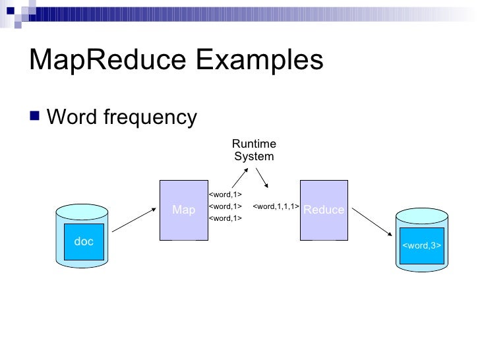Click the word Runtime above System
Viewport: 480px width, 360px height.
coord(254,144)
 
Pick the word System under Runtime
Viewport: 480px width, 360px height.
coord(254,157)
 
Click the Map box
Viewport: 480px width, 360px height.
coord(184,210)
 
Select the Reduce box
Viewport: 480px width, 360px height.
coord(323,210)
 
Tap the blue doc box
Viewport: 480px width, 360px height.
coord(84,242)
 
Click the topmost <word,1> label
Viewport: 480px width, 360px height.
coord(225,195)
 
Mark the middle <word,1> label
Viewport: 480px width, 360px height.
coord(225,206)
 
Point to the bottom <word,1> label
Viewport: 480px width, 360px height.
coord(225,218)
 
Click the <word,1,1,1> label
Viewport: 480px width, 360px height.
coord(276,206)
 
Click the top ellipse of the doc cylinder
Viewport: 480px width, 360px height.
coord(83,210)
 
